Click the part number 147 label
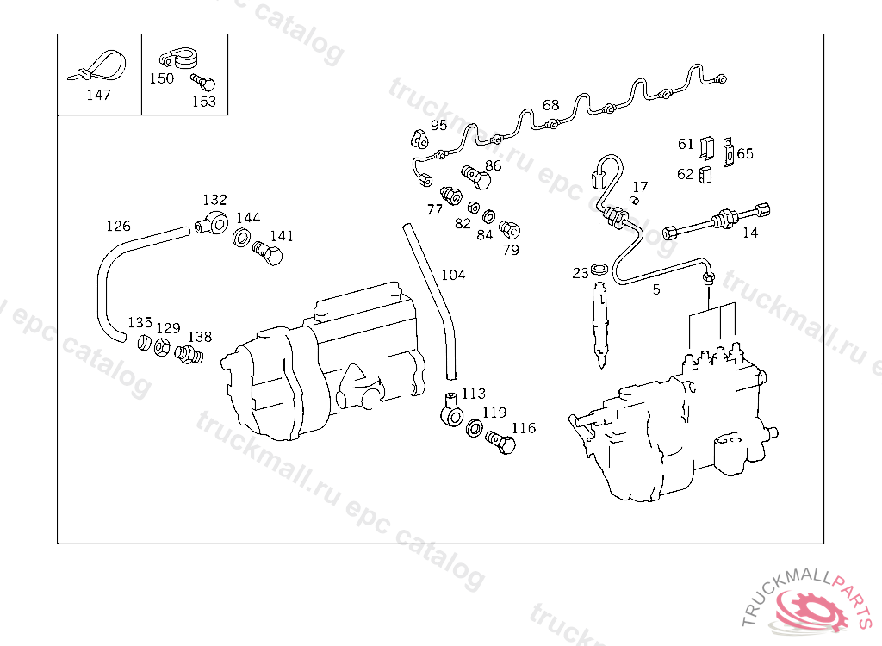(x=98, y=95)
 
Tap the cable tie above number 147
(x=98, y=66)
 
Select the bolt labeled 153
(x=204, y=84)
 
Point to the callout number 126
(x=118, y=227)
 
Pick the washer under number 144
(x=243, y=238)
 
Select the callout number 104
(x=453, y=275)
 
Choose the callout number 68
(x=550, y=106)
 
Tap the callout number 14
(x=750, y=233)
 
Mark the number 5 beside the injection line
(x=656, y=290)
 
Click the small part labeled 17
(x=633, y=201)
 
